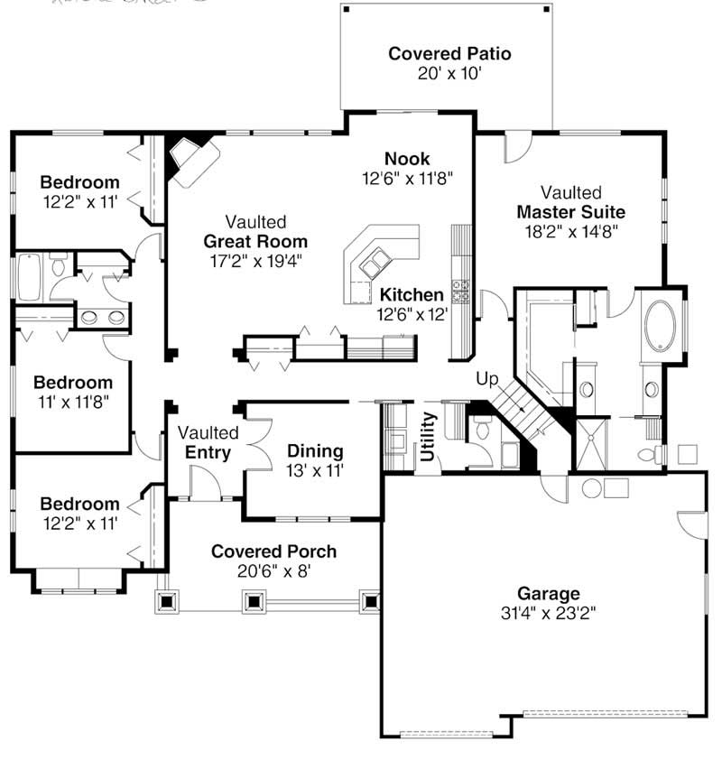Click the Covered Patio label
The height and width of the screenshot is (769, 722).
(449, 53)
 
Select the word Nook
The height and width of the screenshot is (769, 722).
(407, 159)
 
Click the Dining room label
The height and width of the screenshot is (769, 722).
(315, 450)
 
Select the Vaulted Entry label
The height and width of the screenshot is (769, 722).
(208, 443)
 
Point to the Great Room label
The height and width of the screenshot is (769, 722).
(255, 241)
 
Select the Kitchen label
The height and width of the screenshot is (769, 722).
(412, 294)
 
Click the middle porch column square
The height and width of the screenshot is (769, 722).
(254, 601)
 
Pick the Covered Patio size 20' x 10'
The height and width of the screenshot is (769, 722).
(449, 74)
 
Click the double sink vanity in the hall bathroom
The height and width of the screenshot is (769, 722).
(103, 317)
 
